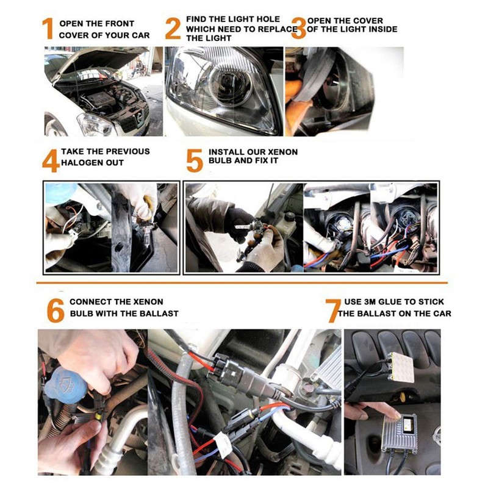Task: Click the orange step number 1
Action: point(48,29)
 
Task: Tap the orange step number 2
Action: point(173,29)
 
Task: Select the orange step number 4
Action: point(51,160)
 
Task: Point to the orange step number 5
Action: point(195,160)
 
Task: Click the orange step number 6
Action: point(56,310)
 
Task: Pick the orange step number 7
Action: point(334,310)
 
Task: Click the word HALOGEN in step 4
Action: point(81,163)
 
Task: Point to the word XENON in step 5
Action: point(283,152)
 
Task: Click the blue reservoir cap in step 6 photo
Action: point(65,385)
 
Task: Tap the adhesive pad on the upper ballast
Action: point(402,367)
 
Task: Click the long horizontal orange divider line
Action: point(242,283)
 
